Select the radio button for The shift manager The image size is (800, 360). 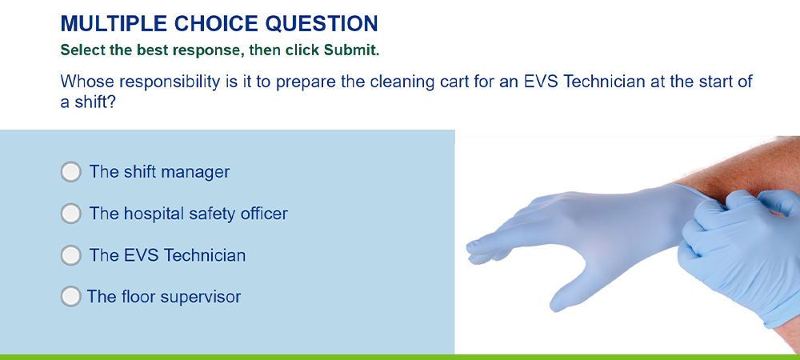(71, 172)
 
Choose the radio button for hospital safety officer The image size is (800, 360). (71, 214)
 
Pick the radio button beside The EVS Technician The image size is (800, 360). (71, 255)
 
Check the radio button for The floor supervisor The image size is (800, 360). (71, 296)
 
